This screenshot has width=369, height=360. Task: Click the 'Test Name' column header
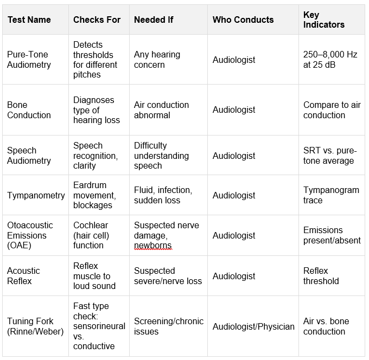(x=29, y=20)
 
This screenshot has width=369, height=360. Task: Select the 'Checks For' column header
(x=97, y=20)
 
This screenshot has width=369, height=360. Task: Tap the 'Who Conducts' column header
(x=243, y=20)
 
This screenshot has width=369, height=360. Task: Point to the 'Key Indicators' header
(x=324, y=20)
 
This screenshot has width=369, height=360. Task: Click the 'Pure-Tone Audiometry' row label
(x=29, y=60)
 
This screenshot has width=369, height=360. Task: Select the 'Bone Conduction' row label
(x=29, y=110)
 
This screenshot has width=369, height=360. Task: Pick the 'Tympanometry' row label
(x=36, y=195)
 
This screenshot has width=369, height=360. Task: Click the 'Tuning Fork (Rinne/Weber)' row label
(x=35, y=326)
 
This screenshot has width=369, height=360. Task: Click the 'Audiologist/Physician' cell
(x=253, y=326)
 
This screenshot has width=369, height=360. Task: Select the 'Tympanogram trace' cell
(x=331, y=195)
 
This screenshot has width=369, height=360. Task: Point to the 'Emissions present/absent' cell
(x=332, y=235)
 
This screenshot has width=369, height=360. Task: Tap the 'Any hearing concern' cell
(x=157, y=60)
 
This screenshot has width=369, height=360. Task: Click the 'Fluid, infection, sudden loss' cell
(x=163, y=195)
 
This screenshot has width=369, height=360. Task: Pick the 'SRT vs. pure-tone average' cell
(x=328, y=156)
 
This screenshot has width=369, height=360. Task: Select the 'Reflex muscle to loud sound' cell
(x=94, y=276)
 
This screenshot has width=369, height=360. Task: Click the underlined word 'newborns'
(x=152, y=246)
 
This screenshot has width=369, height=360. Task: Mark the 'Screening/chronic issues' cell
(x=168, y=326)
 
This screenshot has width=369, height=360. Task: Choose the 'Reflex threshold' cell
(x=321, y=276)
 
